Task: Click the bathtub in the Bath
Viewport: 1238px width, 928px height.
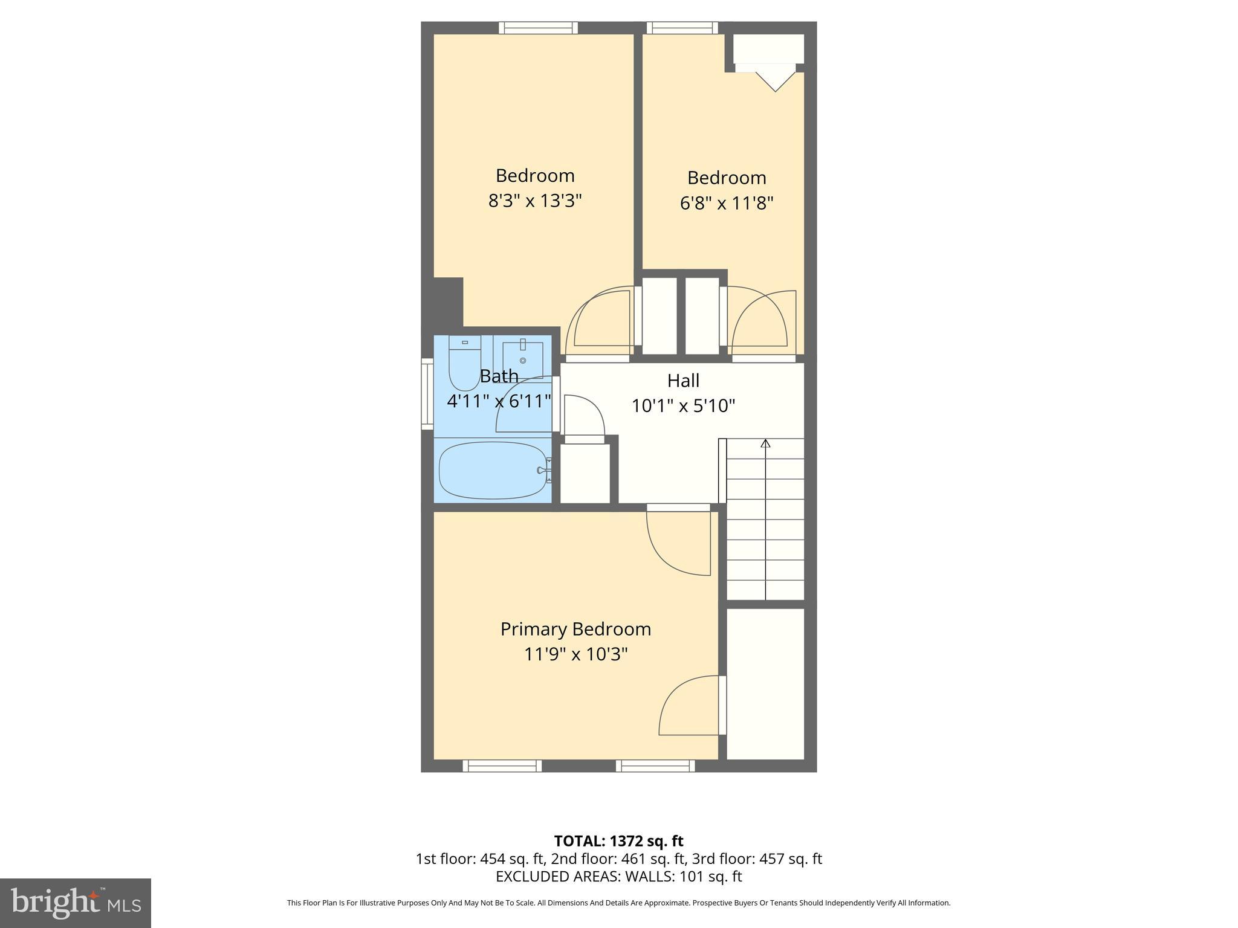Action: [x=493, y=471]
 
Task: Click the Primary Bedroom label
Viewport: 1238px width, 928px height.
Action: [x=575, y=630]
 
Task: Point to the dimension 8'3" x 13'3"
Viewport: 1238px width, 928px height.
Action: [x=535, y=201]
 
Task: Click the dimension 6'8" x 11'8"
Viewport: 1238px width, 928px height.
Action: [x=727, y=203]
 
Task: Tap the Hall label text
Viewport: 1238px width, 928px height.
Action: [x=683, y=381]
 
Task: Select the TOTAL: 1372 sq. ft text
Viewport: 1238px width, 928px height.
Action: [x=618, y=841]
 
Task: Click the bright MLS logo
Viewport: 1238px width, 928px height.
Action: [x=75, y=903]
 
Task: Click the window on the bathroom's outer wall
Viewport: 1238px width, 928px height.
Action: [x=427, y=394]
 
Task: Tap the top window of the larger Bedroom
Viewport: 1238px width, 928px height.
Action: [x=538, y=28]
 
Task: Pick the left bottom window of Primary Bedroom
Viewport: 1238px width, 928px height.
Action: [x=502, y=765]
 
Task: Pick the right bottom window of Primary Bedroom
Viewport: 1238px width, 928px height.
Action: [x=655, y=765]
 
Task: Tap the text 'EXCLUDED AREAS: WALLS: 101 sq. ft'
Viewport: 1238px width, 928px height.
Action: [x=618, y=877]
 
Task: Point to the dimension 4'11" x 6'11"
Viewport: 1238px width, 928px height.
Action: [x=499, y=401]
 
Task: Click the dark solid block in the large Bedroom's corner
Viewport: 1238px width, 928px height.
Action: [x=448, y=300]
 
